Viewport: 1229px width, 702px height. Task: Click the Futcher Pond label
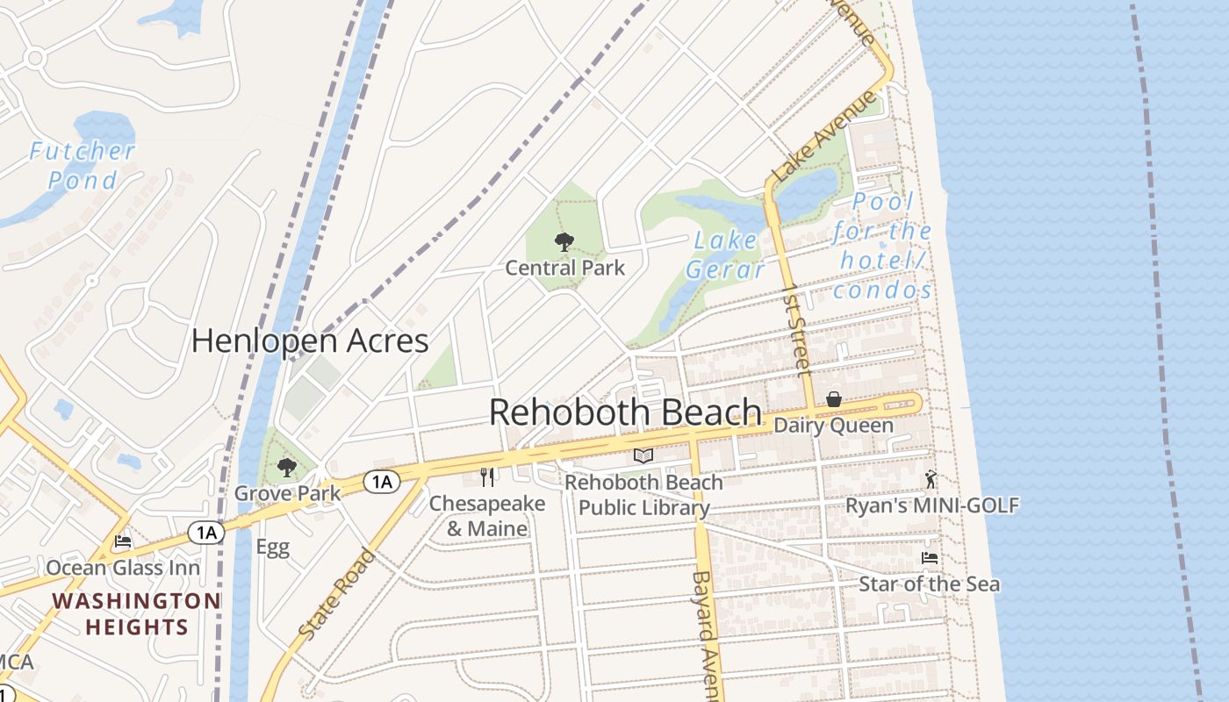pos(83,166)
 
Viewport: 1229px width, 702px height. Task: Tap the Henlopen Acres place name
pos(310,340)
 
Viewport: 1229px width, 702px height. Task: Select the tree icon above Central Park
pos(564,242)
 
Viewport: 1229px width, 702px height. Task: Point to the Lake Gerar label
pos(725,254)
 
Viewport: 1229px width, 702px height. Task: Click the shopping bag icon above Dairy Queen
pos(834,400)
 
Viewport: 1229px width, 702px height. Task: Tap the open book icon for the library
pos(643,455)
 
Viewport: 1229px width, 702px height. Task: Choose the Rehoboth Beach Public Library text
pos(643,495)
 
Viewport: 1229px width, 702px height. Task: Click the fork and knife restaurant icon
pos(487,476)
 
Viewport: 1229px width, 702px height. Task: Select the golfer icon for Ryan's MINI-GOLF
pos(931,479)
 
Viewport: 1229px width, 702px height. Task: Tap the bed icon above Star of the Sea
pos(929,558)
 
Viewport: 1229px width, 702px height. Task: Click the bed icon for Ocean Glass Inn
pos(123,541)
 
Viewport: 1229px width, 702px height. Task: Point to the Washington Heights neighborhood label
pos(136,614)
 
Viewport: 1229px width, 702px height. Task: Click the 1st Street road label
pos(796,329)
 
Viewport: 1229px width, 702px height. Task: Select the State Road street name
pos(338,594)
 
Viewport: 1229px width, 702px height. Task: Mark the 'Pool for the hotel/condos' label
pos(882,247)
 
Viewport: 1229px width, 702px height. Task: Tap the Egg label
pos(272,548)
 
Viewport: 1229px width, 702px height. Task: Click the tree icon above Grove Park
pos(286,467)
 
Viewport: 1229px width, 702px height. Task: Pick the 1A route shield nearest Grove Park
pos(382,481)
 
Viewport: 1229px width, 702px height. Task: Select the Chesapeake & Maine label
pos(487,516)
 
